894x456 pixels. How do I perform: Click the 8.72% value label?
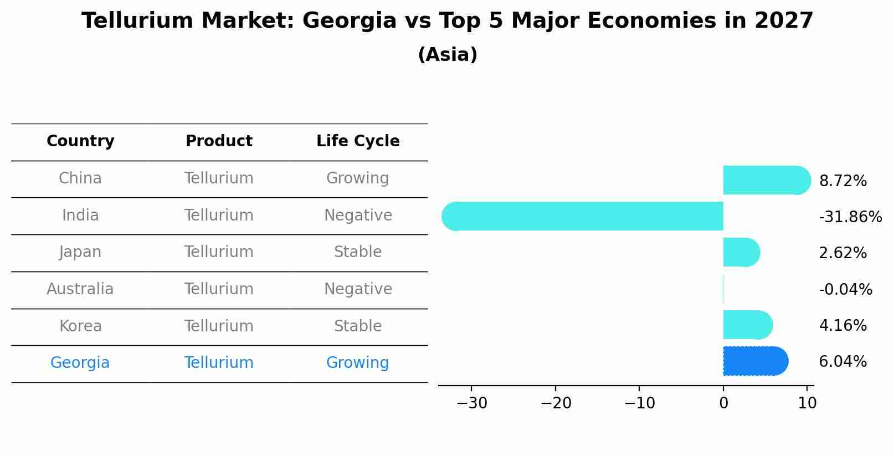click(x=842, y=181)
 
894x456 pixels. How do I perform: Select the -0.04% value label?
click(x=845, y=289)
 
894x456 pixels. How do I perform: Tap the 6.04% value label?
click(x=842, y=362)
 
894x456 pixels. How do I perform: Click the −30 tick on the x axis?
click(x=472, y=403)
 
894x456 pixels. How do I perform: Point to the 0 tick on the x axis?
click(x=723, y=403)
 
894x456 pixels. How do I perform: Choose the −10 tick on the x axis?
click(x=639, y=403)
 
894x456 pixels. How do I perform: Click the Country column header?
click(x=80, y=141)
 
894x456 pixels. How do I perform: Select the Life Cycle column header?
click(x=358, y=141)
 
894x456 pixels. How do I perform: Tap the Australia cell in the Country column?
click(x=80, y=289)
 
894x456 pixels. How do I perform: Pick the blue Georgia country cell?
click(x=80, y=363)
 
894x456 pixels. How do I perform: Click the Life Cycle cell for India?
click(x=358, y=216)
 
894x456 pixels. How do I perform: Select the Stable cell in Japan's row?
click(x=358, y=252)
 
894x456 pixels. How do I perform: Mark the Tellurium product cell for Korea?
click(x=219, y=326)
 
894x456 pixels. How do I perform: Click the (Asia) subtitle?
click(x=448, y=55)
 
